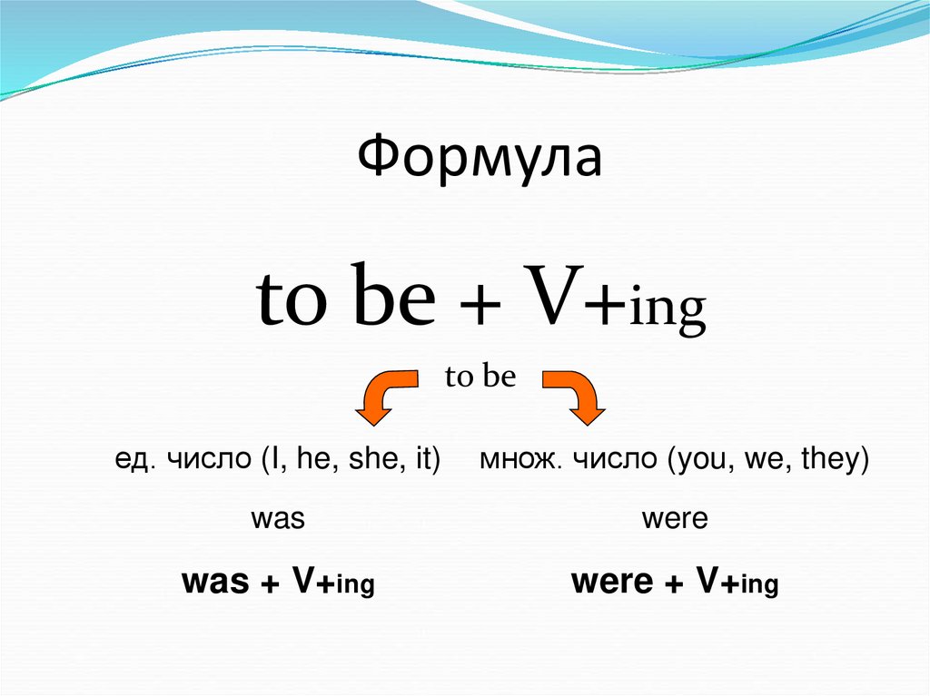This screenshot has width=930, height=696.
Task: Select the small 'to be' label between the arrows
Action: pyautogui.click(x=480, y=377)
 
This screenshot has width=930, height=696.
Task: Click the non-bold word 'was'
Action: pyautogui.click(x=277, y=521)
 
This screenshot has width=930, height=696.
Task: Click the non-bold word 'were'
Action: pyautogui.click(x=674, y=521)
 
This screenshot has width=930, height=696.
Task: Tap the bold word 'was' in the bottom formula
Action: pyautogui.click(x=216, y=583)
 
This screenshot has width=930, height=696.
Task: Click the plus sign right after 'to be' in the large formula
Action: pyautogui.click(x=488, y=305)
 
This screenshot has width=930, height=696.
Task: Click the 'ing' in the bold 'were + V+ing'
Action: pyautogui.click(x=760, y=587)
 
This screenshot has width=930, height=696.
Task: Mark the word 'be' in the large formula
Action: pyautogui.click(x=394, y=301)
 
